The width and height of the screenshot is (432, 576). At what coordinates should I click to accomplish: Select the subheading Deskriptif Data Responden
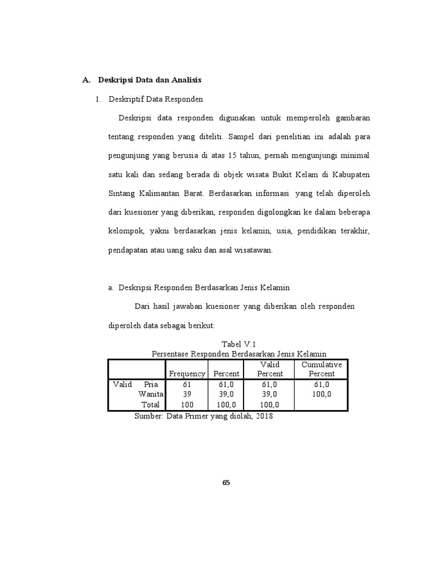[x=155, y=100]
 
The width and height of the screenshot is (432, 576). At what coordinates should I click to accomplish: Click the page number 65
[x=227, y=483]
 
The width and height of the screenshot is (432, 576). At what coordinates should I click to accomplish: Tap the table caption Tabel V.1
[x=239, y=344]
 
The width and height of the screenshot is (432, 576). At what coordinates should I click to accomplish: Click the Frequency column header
[x=187, y=373]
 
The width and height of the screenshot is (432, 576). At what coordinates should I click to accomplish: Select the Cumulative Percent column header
[x=322, y=369]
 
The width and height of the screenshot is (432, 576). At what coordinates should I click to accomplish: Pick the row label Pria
[x=151, y=384]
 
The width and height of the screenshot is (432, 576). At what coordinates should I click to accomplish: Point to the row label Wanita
[x=150, y=394]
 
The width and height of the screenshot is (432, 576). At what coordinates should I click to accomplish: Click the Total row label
[x=150, y=404]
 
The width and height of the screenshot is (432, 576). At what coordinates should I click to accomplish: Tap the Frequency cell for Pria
[x=187, y=384]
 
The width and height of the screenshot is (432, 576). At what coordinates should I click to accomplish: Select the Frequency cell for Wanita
[x=187, y=394]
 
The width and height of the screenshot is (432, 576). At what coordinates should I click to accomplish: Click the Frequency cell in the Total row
[x=187, y=404]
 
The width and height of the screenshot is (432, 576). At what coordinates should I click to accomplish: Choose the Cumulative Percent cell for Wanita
[x=322, y=394]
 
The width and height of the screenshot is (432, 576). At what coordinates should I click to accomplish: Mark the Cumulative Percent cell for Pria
[x=322, y=384]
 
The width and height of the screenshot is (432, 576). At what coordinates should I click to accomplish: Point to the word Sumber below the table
[x=148, y=417]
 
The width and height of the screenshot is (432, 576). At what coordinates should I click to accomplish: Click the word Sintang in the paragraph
[x=121, y=193]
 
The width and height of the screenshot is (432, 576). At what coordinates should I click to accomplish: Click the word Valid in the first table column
[x=122, y=384]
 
